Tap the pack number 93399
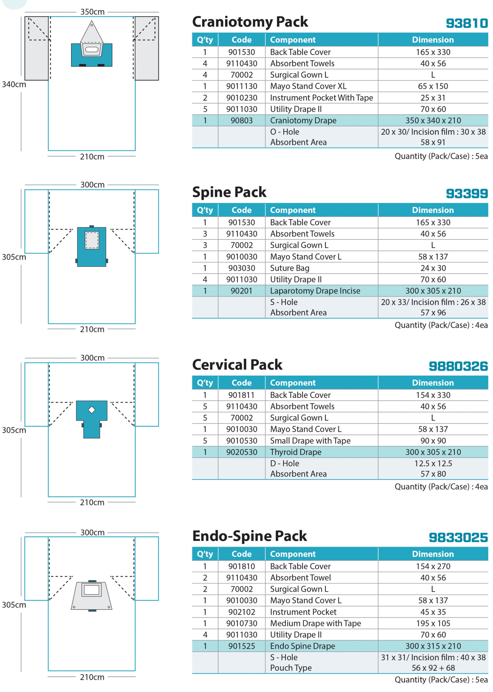[x=467, y=194]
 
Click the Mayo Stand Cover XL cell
[x=308, y=86]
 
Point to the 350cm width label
[x=92, y=12]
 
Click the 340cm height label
[x=14, y=84]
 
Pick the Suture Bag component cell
[x=290, y=268]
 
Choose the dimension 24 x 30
[x=433, y=268]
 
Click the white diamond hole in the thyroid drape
[x=92, y=410]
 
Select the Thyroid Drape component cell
[x=296, y=452]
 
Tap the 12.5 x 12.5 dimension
[x=433, y=463]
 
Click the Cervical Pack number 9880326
[x=458, y=366]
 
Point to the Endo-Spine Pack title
[x=250, y=536]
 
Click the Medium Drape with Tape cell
[x=316, y=623]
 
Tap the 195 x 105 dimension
[x=433, y=623]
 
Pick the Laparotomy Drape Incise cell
[x=315, y=291]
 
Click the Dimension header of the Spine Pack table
[x=433, y=210]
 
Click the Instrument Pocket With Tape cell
[x=321, y=98]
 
